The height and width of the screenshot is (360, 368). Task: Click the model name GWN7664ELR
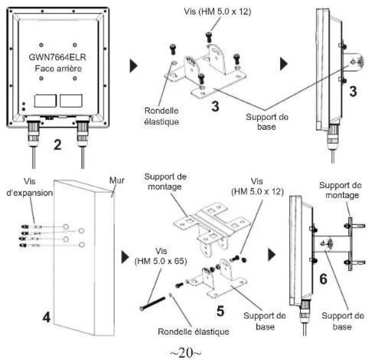tap(57, 58)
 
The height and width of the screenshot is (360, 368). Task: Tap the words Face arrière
tap(58, 68)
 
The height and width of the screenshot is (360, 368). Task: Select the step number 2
tap(57, 144)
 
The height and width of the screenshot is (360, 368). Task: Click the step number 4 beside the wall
tap(46, 317)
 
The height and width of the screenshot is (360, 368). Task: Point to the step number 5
tap(220, 312)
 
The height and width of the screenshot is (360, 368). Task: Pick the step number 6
tap(323, 279)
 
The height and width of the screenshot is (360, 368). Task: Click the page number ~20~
tap(185, 353)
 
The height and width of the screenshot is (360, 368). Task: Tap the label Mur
tap(117, 181)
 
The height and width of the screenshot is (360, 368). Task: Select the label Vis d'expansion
tap(29, 187)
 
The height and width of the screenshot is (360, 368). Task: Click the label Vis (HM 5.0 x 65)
tap(161, 256)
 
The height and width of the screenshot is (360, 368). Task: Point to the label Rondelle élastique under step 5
tap(193, 332)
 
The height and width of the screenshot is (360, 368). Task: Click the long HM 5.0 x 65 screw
tap(152, 304)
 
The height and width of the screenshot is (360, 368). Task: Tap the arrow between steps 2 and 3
tap(133, 66)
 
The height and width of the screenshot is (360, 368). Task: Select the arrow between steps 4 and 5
tap(125, 257)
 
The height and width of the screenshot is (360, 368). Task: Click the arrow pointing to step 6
tap(272, 255)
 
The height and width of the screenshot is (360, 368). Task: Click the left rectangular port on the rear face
tap(45, 101)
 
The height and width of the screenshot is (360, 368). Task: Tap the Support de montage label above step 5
tap(165, 182)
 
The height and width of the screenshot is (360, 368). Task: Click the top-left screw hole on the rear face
tap(41, 45)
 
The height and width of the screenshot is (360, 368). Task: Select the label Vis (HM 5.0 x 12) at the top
tap(217, 12)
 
